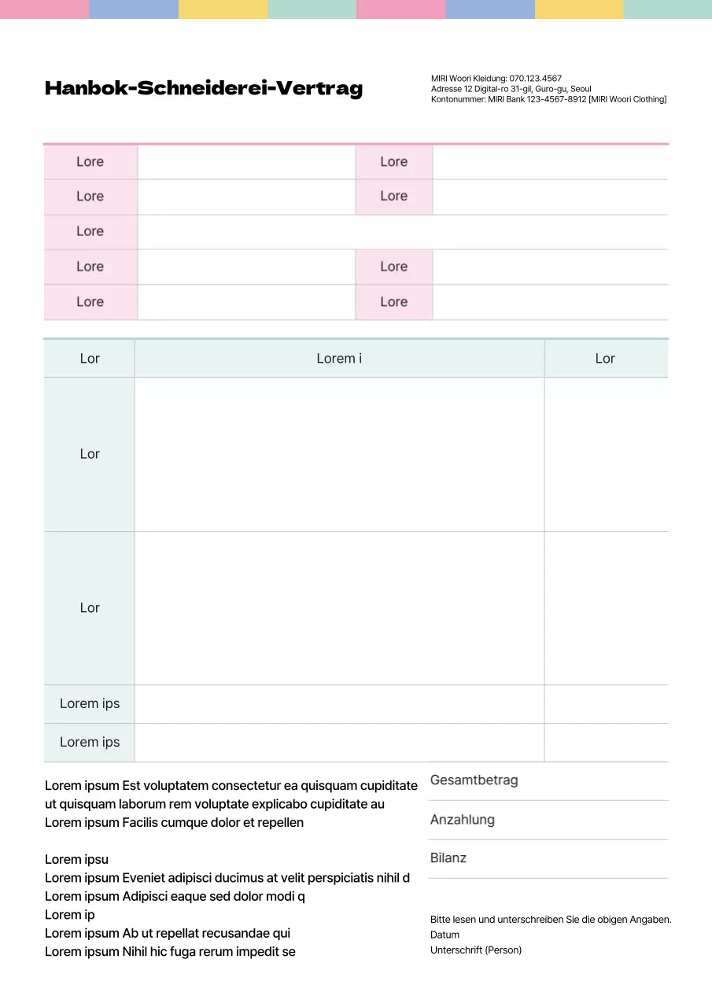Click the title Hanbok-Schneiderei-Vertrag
tap(204, 88)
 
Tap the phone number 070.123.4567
tap(535, 79)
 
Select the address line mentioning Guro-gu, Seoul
tap(511, 89)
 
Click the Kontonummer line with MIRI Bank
tap(548, 99)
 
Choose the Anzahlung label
tap(463, 820)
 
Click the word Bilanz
tap(448, 858)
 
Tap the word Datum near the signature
tap(445, 935)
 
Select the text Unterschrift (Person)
tap(476, 950)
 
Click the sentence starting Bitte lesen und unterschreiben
tap(551, 919)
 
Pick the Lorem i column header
tap(339, 359)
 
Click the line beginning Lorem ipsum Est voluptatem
tap(231, 786)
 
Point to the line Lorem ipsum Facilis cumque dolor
tap(174, 823)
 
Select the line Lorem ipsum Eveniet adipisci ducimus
tap(227, 878)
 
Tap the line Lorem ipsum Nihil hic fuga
tap(170, 952)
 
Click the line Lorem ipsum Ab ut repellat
tap(168, 934)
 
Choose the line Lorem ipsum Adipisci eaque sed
tap(175, 897)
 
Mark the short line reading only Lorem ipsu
tap(76, 860)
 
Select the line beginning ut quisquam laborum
tap(215, 805)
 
